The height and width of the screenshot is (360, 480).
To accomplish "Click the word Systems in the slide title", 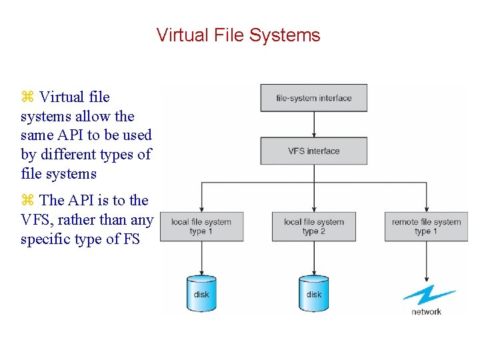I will coord(291,35).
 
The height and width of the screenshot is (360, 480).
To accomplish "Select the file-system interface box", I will coord(313,98).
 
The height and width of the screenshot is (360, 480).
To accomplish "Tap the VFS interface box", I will coord(313,151).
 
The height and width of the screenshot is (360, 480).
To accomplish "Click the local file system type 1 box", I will coord(201,227).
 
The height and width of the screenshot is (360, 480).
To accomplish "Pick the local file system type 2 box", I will coord(313,227).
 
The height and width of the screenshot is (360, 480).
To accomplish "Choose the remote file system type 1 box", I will coord(426,227).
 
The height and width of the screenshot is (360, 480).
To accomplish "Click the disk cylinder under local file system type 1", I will coord(201,293).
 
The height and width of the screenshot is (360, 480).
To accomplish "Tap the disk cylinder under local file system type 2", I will coord(313,293).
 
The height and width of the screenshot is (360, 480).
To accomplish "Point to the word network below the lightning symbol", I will coord(427,311).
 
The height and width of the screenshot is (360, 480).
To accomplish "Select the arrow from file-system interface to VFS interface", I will coord(314,125).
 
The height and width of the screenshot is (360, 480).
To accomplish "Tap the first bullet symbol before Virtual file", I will coord(27,97).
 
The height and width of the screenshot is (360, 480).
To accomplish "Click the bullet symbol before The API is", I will coord(27,201).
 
